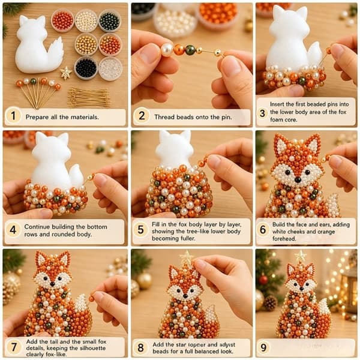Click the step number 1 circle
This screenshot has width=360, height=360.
[13, 115]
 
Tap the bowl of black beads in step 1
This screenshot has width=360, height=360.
[86, 68]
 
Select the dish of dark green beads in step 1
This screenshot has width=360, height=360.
[110, 21]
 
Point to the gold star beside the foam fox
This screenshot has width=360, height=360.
[66, 73]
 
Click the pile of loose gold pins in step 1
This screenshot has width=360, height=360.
[89, 98]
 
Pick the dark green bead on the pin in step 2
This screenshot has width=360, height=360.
[190, 50]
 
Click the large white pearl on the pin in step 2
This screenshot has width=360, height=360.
[167, 49]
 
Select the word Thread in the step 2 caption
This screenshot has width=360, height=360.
[164, 117]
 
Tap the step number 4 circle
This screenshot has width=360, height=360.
[13, 230]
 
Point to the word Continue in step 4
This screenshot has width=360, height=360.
[37, 227]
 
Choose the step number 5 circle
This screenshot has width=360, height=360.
[140, 230]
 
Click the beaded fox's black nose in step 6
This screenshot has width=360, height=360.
[298, 180]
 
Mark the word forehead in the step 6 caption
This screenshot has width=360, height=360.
[284, 239]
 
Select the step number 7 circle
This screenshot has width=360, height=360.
[14, 347]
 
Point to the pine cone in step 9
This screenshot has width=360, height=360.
[270, 303]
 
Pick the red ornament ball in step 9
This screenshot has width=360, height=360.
[263, 280]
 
